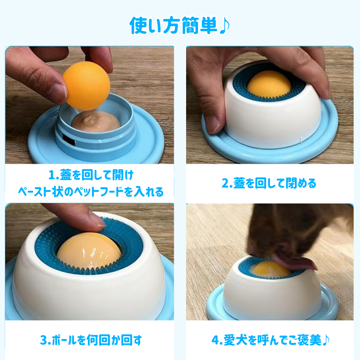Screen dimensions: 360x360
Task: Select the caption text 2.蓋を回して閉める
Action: (269, 183)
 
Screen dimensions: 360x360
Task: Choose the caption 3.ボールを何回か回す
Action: (91, 339)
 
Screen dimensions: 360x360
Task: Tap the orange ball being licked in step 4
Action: (268, 269)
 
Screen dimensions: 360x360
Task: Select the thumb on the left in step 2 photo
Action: (211, 119)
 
